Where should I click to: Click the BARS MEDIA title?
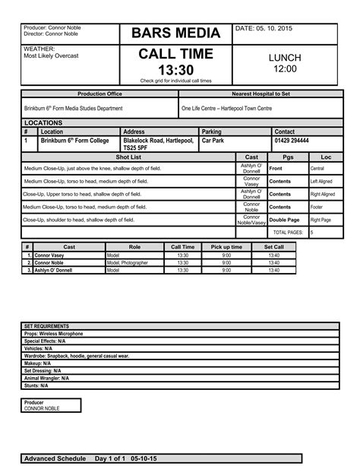tap(176, 33)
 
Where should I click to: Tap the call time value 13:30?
tap(176, 70)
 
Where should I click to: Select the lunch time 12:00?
tap(285, 69)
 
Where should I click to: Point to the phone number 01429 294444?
tap(292, 141)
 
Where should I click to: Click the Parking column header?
tap(212, 132)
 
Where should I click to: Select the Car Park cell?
tap(213, 141)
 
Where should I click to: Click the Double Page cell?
tap(284, 220)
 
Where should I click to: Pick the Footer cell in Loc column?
tap(317, 207)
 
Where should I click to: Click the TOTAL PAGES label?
tap(288, 232)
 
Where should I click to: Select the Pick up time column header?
tap(226, 247)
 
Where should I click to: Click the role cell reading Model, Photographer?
tap(128, 263)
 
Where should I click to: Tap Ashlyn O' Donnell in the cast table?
tap(55, 270)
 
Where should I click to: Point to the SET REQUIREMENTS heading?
tap(47, 326)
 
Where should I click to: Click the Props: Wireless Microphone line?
tap(54, 333)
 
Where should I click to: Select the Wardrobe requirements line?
tap(77, 355)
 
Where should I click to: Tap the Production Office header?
tap(99, 94)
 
